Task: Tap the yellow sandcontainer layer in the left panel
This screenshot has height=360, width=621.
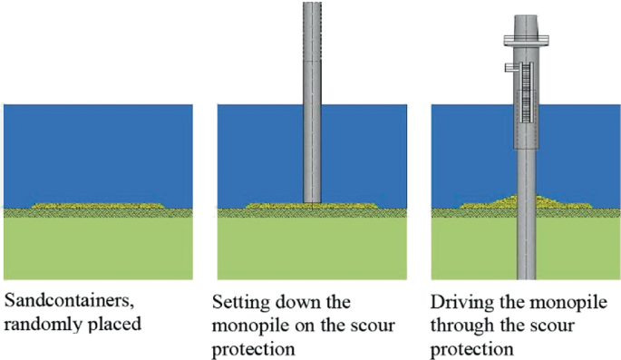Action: coord(98,206)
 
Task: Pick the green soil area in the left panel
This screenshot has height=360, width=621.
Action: coord(98,249)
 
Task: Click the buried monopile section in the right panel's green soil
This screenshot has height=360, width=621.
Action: coord(525,249)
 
